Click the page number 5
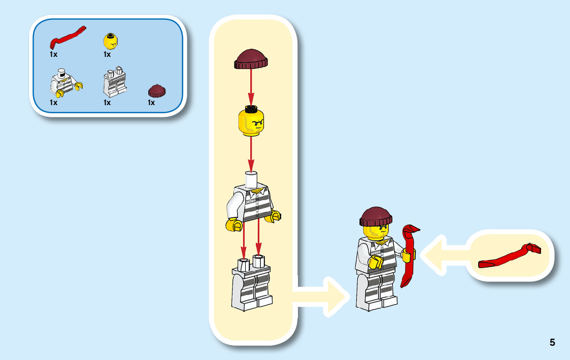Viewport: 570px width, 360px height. (552, 342)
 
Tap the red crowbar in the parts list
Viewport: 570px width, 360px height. (68, 37)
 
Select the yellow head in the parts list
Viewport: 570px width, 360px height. (111, 41)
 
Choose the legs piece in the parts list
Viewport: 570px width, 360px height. (114, 83)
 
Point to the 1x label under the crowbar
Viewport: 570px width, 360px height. (53, 54)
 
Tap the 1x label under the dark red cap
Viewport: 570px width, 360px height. (151, 103)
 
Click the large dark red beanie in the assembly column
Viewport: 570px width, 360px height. (251, 59)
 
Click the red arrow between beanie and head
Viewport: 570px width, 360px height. (251, 87)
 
